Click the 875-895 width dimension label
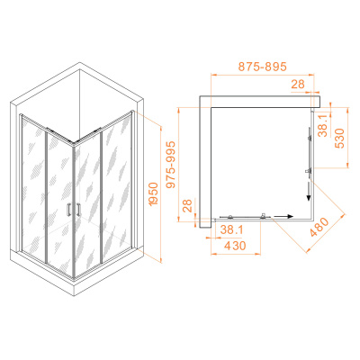point(263,67)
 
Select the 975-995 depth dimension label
point(171,165)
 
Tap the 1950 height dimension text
point(154,193)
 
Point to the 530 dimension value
point(339,139)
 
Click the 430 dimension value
point(235,246)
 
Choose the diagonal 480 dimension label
point(319,227)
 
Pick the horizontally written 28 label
point(298,85)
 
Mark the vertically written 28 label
point(187,205)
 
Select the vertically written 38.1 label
point(323,126)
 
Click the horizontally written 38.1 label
point(232,230)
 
